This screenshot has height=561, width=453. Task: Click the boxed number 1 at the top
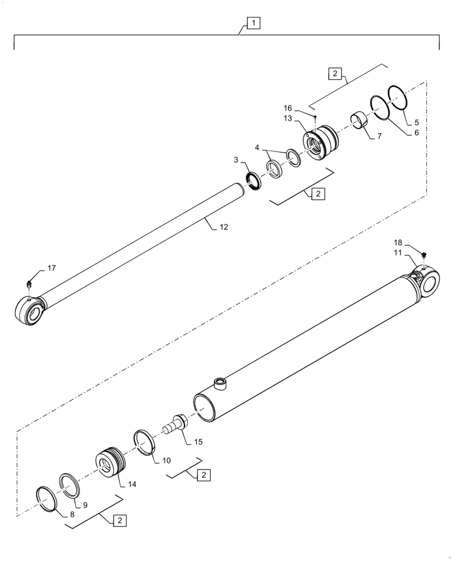click(x=253, y=23)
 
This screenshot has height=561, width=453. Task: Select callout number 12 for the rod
click(x=224, y=227)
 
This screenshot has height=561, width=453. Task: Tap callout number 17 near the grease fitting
click(x=51, y=268)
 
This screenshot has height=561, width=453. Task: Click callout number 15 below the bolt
click(x=198, y=442)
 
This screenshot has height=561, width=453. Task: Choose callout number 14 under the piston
click(x=132, y=484)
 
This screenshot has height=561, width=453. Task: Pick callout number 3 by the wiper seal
click(x=237, y=160)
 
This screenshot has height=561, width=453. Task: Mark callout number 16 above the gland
click(x=303, y=107)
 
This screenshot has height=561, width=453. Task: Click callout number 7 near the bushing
click(x=379, y=136)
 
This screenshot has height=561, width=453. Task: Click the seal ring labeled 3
click(x=254, y=181)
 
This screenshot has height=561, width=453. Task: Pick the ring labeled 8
click(x=46, y=499)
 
